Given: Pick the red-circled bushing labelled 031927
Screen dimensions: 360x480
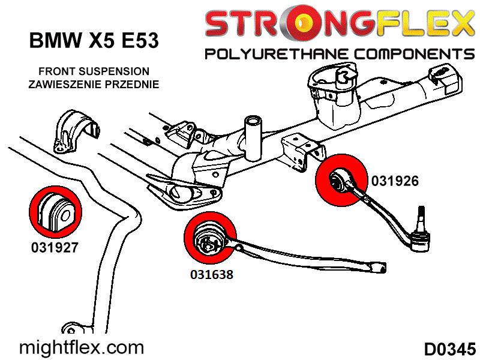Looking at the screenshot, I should click(55, 211).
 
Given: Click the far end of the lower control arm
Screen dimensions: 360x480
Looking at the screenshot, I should click(377, 269).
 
